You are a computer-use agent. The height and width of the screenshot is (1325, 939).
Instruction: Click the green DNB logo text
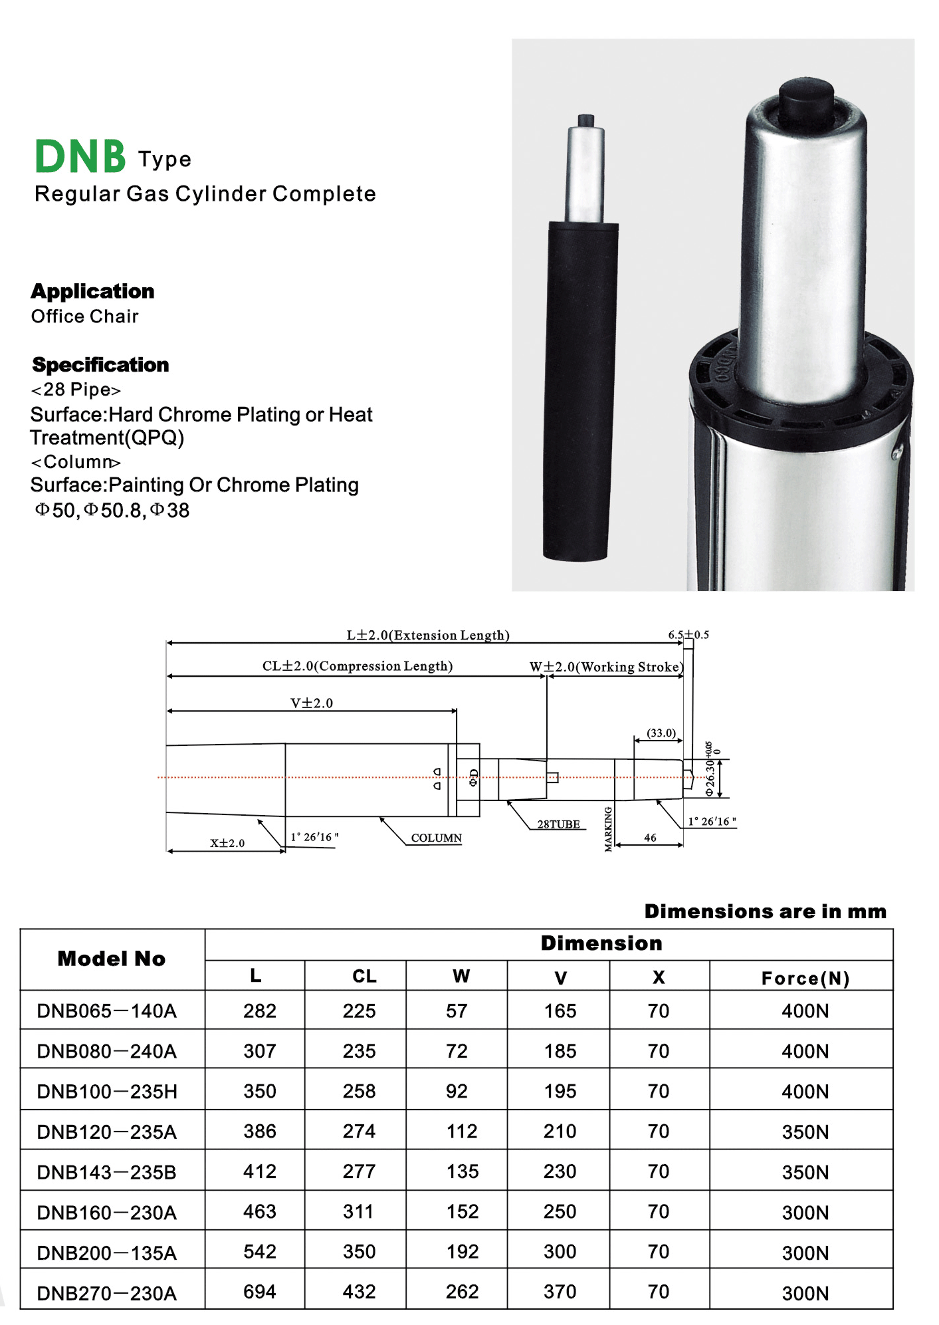pyautogui.click(x=80, y=156)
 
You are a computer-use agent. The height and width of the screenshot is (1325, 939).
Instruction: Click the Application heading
pyautogui.click(x=92, y=291)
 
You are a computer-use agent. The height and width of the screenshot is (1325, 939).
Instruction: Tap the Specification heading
pyautogui.click(x=100, y=365)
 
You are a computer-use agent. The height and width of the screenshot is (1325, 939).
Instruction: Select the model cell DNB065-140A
pyautogui.click(x=107, y=1011)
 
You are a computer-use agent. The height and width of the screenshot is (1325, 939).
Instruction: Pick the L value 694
pyautogui.click(x=259, y=1292)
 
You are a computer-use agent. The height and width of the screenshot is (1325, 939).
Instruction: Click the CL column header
pyautogui.click(x=364, y=976)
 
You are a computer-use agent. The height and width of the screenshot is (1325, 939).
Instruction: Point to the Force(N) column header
pyautogui.click(x=805, y=978)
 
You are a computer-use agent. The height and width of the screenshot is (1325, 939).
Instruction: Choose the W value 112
pyautogui.click(x=462, y=1132)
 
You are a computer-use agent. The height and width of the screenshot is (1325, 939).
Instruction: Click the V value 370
pyautogui.click(x=560, y=1292)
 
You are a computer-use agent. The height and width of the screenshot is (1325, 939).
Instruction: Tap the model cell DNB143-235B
pyautogui.click(x=107, y=1172)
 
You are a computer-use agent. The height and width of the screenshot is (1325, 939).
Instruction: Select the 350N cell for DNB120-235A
pyautogui.click(x=805, y=1132)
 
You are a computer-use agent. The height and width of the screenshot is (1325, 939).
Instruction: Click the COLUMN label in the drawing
pyautogui.click(x=436, y=838)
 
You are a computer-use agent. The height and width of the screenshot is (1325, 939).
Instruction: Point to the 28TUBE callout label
pyautogui.click(x=558, y=824)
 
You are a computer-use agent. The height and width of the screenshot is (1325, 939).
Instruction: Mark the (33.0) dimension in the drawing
pyautogui.click(x=661, y=733)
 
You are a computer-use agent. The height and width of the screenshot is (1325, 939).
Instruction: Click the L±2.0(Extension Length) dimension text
pyautogui.click(x=428, y=635)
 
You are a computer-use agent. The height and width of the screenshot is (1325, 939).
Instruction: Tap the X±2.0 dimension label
pyautogui.click(x=227, y=843)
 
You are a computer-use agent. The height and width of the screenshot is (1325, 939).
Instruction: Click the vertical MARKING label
pyautogui.click(x=608, y=829)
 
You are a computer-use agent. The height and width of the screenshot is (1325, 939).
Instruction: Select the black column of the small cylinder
pyautogui.click(x=580, y=392)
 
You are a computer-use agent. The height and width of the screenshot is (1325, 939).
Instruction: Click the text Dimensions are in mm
pyautogui.click(x=765, y=911)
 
